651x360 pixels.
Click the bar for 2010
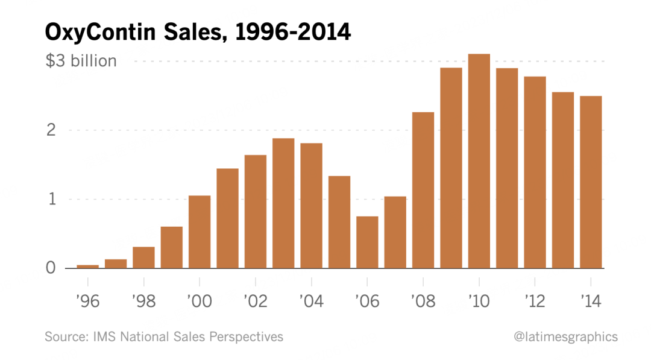[479, 161]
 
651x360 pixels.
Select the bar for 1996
[88, 266]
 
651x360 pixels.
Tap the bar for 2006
[367, 242]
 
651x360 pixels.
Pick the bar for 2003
[283, 203]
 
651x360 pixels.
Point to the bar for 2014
[591, 182]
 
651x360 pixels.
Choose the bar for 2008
[423, 190]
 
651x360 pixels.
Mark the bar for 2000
[200, 232]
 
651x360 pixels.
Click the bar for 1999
[172, 247]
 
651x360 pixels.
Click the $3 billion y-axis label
[81, 61]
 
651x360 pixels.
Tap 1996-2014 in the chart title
[293, 32]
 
